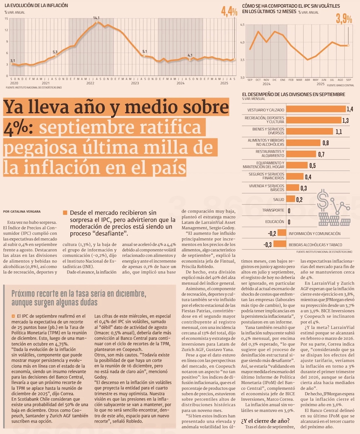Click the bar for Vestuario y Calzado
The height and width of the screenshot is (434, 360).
tap(316, 109)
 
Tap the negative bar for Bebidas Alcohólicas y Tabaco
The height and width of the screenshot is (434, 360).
tap(280, 244)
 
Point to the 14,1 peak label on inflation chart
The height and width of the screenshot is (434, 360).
tap(96, 18)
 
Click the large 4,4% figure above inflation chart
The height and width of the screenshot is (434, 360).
tap(229, 11)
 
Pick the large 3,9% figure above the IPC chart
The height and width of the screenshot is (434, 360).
tap(344, 18)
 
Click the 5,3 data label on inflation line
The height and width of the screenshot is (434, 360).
tap(55, 52)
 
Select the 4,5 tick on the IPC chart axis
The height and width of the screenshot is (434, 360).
tap(242, 24)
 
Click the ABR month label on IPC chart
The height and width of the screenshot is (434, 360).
tap(307, 80)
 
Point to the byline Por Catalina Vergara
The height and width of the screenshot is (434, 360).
tap(22, 211)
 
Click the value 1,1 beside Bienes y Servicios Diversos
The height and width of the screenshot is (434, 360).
tap(339, 132)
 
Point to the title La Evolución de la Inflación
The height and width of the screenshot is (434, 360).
tap(36, 5)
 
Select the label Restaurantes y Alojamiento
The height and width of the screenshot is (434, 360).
tap(270, 153)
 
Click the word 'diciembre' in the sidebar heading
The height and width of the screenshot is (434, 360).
tap(129, 294)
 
